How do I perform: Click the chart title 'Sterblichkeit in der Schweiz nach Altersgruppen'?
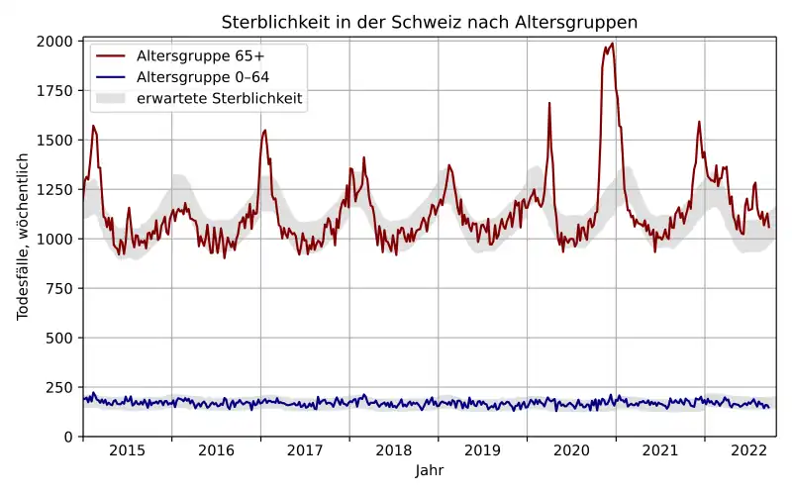[429, 22]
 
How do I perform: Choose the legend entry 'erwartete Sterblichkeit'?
[220, 99]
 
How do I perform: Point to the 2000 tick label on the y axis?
[55, 42]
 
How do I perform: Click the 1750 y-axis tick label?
[55, 91]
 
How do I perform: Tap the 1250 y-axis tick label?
[55, 190]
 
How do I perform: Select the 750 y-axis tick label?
[59, 288]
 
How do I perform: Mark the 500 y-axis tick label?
[59, 338]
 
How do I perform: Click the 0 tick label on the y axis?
[68, 437]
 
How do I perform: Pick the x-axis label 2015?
[127, 450]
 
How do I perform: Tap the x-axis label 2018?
[394, 450]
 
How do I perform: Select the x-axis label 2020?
[571, 450]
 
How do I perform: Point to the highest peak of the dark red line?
[613, 44]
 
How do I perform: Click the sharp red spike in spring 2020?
[549, 103]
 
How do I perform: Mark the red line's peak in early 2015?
[93, 126]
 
